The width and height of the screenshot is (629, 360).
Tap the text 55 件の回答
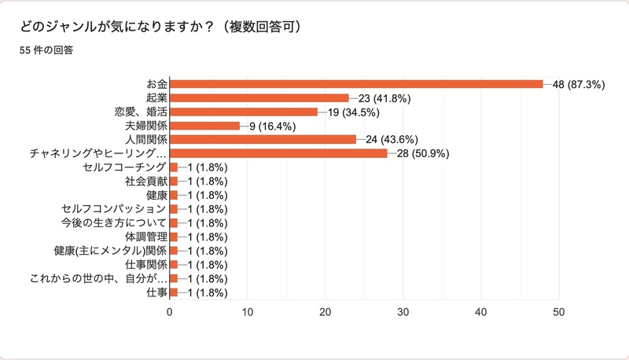pyautogui.click(x=46, y=53)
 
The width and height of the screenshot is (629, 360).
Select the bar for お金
pyautogui.click(x=356, y=84)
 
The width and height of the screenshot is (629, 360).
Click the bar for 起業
pyautogui.click(x=259, y=98)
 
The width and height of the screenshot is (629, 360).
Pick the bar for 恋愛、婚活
pyautogui.click(x=244, y=112)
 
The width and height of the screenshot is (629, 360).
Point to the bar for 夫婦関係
pyautogui.click(x=204, y=126)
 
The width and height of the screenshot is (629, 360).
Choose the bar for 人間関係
pyautogui.click(x=263, y=140)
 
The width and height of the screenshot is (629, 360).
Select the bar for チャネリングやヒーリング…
pyautogui.click(x=278, y=153)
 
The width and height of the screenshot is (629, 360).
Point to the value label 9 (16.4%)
pyautogui.click(x=272, y=126)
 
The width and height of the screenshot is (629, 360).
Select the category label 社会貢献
pyautogui.click(x=145, y=182)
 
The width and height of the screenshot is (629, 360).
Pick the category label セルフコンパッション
pyautogui.click(x=114, y=209)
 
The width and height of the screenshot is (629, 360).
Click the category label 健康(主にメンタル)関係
pyautogui.click(x=110, y=251)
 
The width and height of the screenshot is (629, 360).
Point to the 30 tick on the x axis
pyautogui.click(x=403, y=312)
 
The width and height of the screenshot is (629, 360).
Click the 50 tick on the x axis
pyautogui.click(x=559, y=312)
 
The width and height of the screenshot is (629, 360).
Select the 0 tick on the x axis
pyautogui.click(x=170, y=312)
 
